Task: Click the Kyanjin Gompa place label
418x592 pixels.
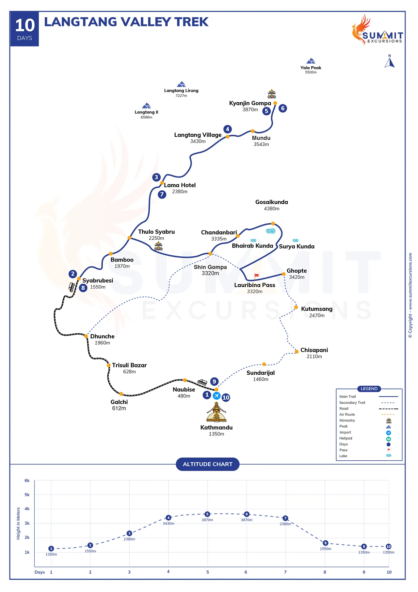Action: pyautogui.click(x=250, y=103)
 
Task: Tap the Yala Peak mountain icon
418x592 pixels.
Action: pyautogui.click(x=311, y=61)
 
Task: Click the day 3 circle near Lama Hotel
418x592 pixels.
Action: pyautogui.click(x=156, y=177)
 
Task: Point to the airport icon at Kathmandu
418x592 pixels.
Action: pyautogui.click(x=217, y=396)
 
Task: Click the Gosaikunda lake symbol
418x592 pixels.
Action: pyautogui.click(x=271, y=231)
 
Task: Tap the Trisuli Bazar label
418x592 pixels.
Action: pyautogui.click(x=129, y=365)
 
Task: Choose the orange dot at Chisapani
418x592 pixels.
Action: pyautogui.click(x=297, y=352)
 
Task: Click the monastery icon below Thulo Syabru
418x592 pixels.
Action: pyautogui.click(x=158, y=246)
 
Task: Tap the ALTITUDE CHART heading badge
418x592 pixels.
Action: pyautogui.click(x=207, y=464)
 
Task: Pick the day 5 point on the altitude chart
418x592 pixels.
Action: pyautogui.click(x=207, y=514)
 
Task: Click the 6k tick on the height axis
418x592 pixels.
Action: pyautogui.click(x=27, y=481)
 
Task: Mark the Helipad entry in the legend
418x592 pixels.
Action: pyautogui.click(x=346, y=438)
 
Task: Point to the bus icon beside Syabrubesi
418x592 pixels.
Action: pyautogui.click(x=72, y=287)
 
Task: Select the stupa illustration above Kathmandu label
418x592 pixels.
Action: pyautogui.click(x=216, y=413)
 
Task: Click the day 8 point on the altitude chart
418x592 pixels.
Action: pyautogui.click(x=325, y=543)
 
